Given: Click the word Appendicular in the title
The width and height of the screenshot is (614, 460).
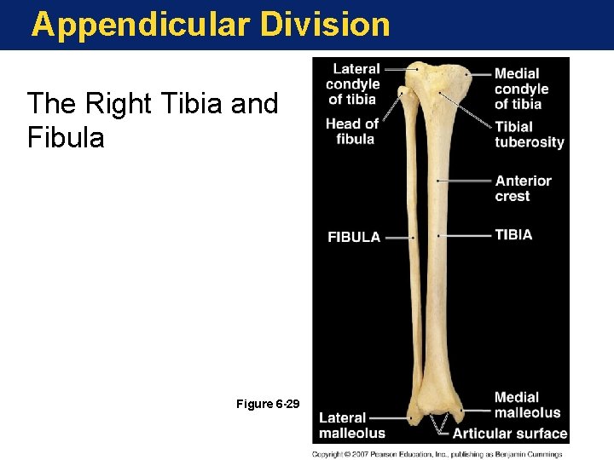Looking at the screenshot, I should [141, 25].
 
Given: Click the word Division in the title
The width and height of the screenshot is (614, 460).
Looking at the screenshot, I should [325, 24].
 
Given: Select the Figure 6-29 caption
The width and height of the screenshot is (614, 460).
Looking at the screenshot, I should [267, 403].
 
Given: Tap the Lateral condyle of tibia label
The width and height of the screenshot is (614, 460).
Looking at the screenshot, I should [352, 84].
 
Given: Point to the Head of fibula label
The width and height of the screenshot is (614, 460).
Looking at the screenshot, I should [351, 131].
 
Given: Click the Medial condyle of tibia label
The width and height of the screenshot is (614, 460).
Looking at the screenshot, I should [521, 89].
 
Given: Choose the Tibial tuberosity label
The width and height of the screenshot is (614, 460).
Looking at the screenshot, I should [529, 135].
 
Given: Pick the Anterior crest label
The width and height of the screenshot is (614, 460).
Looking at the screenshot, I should [523, 188].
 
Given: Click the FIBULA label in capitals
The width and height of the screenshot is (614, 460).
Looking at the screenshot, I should [354, 237].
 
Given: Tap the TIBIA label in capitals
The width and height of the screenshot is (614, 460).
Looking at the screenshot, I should [513, 234].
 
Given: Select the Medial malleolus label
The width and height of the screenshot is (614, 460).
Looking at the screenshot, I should [527, 405].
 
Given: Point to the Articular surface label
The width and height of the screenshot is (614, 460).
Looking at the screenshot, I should [510, 434].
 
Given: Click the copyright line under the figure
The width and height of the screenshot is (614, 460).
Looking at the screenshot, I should [437, 454].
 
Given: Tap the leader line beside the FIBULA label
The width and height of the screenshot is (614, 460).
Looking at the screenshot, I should [397, 238].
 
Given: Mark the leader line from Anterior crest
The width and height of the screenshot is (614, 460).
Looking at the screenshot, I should [466, 181].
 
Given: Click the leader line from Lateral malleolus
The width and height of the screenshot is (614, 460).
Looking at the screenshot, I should [388, 418].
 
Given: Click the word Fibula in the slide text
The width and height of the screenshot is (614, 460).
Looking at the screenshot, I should [66, 137].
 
